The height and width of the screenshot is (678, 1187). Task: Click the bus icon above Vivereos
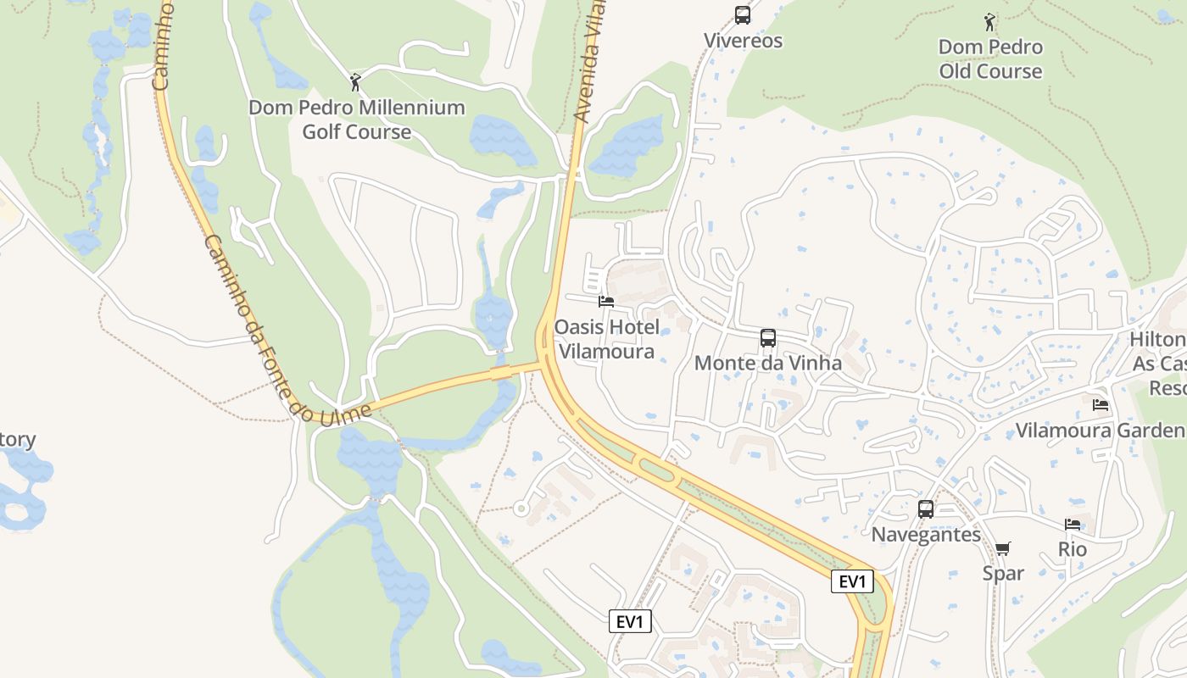(743, 14)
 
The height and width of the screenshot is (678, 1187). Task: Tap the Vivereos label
(744, 41)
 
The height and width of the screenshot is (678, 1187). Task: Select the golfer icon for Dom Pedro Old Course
(989, 21)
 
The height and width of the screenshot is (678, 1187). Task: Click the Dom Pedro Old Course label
(990, 58)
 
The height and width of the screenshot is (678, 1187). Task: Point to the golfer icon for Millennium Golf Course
(356, 82)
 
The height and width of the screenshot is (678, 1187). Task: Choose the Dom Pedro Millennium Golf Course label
(357, 119)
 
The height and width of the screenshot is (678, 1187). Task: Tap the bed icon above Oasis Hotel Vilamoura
(605, 301)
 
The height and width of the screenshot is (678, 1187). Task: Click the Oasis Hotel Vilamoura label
(606, 339)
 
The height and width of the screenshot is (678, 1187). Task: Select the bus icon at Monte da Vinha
(768, 338)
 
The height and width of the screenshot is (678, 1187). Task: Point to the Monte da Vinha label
(768, 363)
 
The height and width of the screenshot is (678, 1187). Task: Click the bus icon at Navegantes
(926, 509)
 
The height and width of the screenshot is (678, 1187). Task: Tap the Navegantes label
(926, 535)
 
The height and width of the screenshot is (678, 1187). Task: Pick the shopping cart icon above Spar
(1003, 549)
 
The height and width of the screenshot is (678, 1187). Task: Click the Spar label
(1003, 573)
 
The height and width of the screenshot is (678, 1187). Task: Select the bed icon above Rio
(1073, 525)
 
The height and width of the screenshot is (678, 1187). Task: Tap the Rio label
(1073, 549)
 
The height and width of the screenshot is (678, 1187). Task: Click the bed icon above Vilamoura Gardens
(1101, 405)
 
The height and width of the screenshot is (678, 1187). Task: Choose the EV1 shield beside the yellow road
(852, 581)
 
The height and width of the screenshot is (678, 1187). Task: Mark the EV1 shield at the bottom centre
(631, 622)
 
